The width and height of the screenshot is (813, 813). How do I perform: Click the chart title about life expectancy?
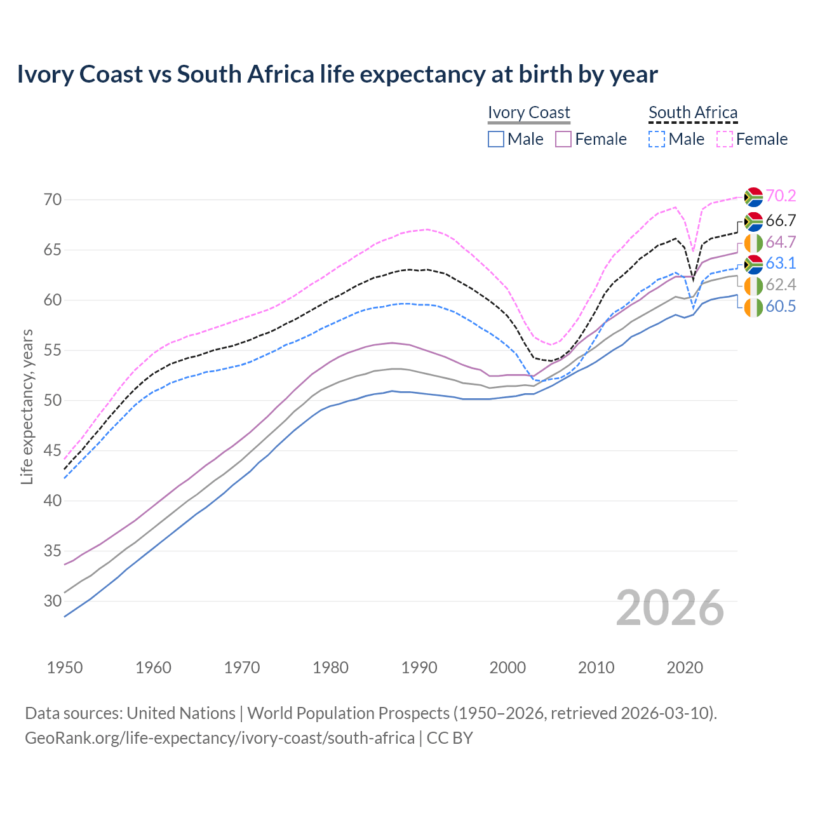(337, 74)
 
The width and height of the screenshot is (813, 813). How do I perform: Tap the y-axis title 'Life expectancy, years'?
(27, 406)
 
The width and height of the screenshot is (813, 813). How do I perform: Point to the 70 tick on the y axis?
(53, 199)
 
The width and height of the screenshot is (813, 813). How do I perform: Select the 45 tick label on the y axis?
(53, 450)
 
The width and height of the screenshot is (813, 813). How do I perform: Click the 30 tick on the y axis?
(53, 601)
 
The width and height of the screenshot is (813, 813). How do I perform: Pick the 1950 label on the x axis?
(65, 668)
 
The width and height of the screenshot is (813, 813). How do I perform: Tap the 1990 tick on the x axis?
(419, 668)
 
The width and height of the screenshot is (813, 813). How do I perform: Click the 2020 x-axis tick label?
(685, 668)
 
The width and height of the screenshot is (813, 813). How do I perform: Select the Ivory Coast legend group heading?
(528, 112)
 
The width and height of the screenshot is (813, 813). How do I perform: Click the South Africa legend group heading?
(692, 112)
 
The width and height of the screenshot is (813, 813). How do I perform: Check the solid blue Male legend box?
(496, 139)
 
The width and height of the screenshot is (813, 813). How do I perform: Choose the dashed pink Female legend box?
(725, 139)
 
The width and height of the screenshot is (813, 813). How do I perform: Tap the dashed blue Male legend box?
(657, 139)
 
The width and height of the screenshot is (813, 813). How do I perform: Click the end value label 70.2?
(781, 196)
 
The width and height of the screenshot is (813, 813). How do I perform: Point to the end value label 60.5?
(781, 307)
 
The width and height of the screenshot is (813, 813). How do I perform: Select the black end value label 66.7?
(781, 221)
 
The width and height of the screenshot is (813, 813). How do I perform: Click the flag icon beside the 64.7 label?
(753, 243)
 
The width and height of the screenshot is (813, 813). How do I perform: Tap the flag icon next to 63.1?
(753, 264)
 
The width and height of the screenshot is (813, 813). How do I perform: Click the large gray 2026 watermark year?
(670, 608)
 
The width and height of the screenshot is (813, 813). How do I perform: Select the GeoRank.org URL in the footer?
(219, 738)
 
